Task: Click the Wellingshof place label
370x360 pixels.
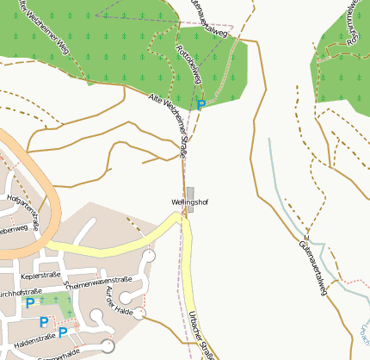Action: tap(189, 202)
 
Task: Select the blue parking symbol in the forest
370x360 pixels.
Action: tap(201, 105)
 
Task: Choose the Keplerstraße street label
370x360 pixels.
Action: tap(44, 276)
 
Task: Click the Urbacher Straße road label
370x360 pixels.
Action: tap(200, 331)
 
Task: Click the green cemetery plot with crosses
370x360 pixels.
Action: tap(60, 306)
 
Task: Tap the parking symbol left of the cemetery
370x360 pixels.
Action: tap(30, 302)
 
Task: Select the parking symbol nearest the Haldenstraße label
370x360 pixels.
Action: tap(63, 332)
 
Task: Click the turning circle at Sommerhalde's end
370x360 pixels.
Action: tap(108, 346)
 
